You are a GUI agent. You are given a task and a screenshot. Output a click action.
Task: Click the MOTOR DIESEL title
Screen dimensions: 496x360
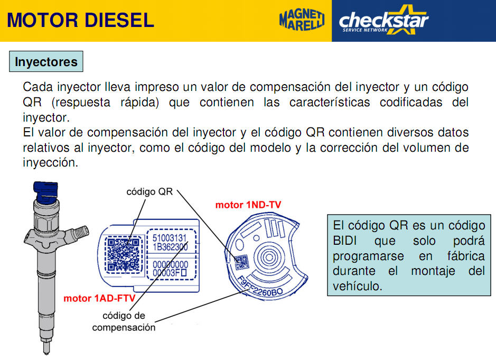(x=80, y=20)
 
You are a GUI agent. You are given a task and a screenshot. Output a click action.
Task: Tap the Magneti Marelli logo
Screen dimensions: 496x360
(x=302, y=20)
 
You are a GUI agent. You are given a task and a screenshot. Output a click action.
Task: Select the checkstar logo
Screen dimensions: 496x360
(x=383, y=20)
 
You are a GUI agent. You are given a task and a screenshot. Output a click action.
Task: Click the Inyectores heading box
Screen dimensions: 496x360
(x=46, y=61)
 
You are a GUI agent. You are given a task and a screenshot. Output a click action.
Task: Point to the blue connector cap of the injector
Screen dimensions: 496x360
(x=46, y=191)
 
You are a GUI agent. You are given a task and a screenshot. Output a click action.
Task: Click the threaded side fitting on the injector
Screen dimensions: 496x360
(x=80, y=233)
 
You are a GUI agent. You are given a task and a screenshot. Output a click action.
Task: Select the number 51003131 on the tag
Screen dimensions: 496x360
(x=170, y=238)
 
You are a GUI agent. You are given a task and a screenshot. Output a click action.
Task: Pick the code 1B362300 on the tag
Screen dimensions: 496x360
(x=170, y=247)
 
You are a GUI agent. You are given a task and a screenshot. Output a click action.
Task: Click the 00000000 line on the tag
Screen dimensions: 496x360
(x=170, y=264)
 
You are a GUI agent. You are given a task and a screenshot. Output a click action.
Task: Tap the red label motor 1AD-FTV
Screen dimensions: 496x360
(x=99, y=298)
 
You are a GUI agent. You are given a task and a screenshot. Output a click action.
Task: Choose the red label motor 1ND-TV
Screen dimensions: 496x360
(x=248, y=205)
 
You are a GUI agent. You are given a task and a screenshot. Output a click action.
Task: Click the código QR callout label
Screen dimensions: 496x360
(x=149, y=191)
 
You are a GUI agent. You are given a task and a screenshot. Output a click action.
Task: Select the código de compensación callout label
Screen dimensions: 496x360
(x=124, y=321)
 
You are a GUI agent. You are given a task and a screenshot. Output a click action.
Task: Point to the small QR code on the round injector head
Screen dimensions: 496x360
(x=241, y=262)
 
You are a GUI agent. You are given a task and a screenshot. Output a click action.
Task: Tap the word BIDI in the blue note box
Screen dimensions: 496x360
(x=345, y=241)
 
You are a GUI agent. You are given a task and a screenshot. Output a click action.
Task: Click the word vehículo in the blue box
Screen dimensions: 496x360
(x=358, y=286)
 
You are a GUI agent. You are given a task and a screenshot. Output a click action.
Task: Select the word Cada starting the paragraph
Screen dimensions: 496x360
(x=37, y=87)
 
